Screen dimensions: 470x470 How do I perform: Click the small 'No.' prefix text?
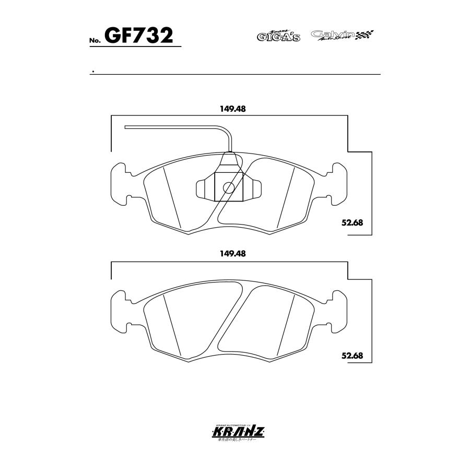click(95, 40)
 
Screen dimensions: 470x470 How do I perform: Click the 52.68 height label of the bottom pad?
click(352, 356)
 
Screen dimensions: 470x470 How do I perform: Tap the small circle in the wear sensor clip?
click(228, 187)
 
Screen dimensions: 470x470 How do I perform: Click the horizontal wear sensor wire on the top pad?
click(172, 126)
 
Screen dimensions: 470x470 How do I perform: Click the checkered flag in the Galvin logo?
click(365, 36)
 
